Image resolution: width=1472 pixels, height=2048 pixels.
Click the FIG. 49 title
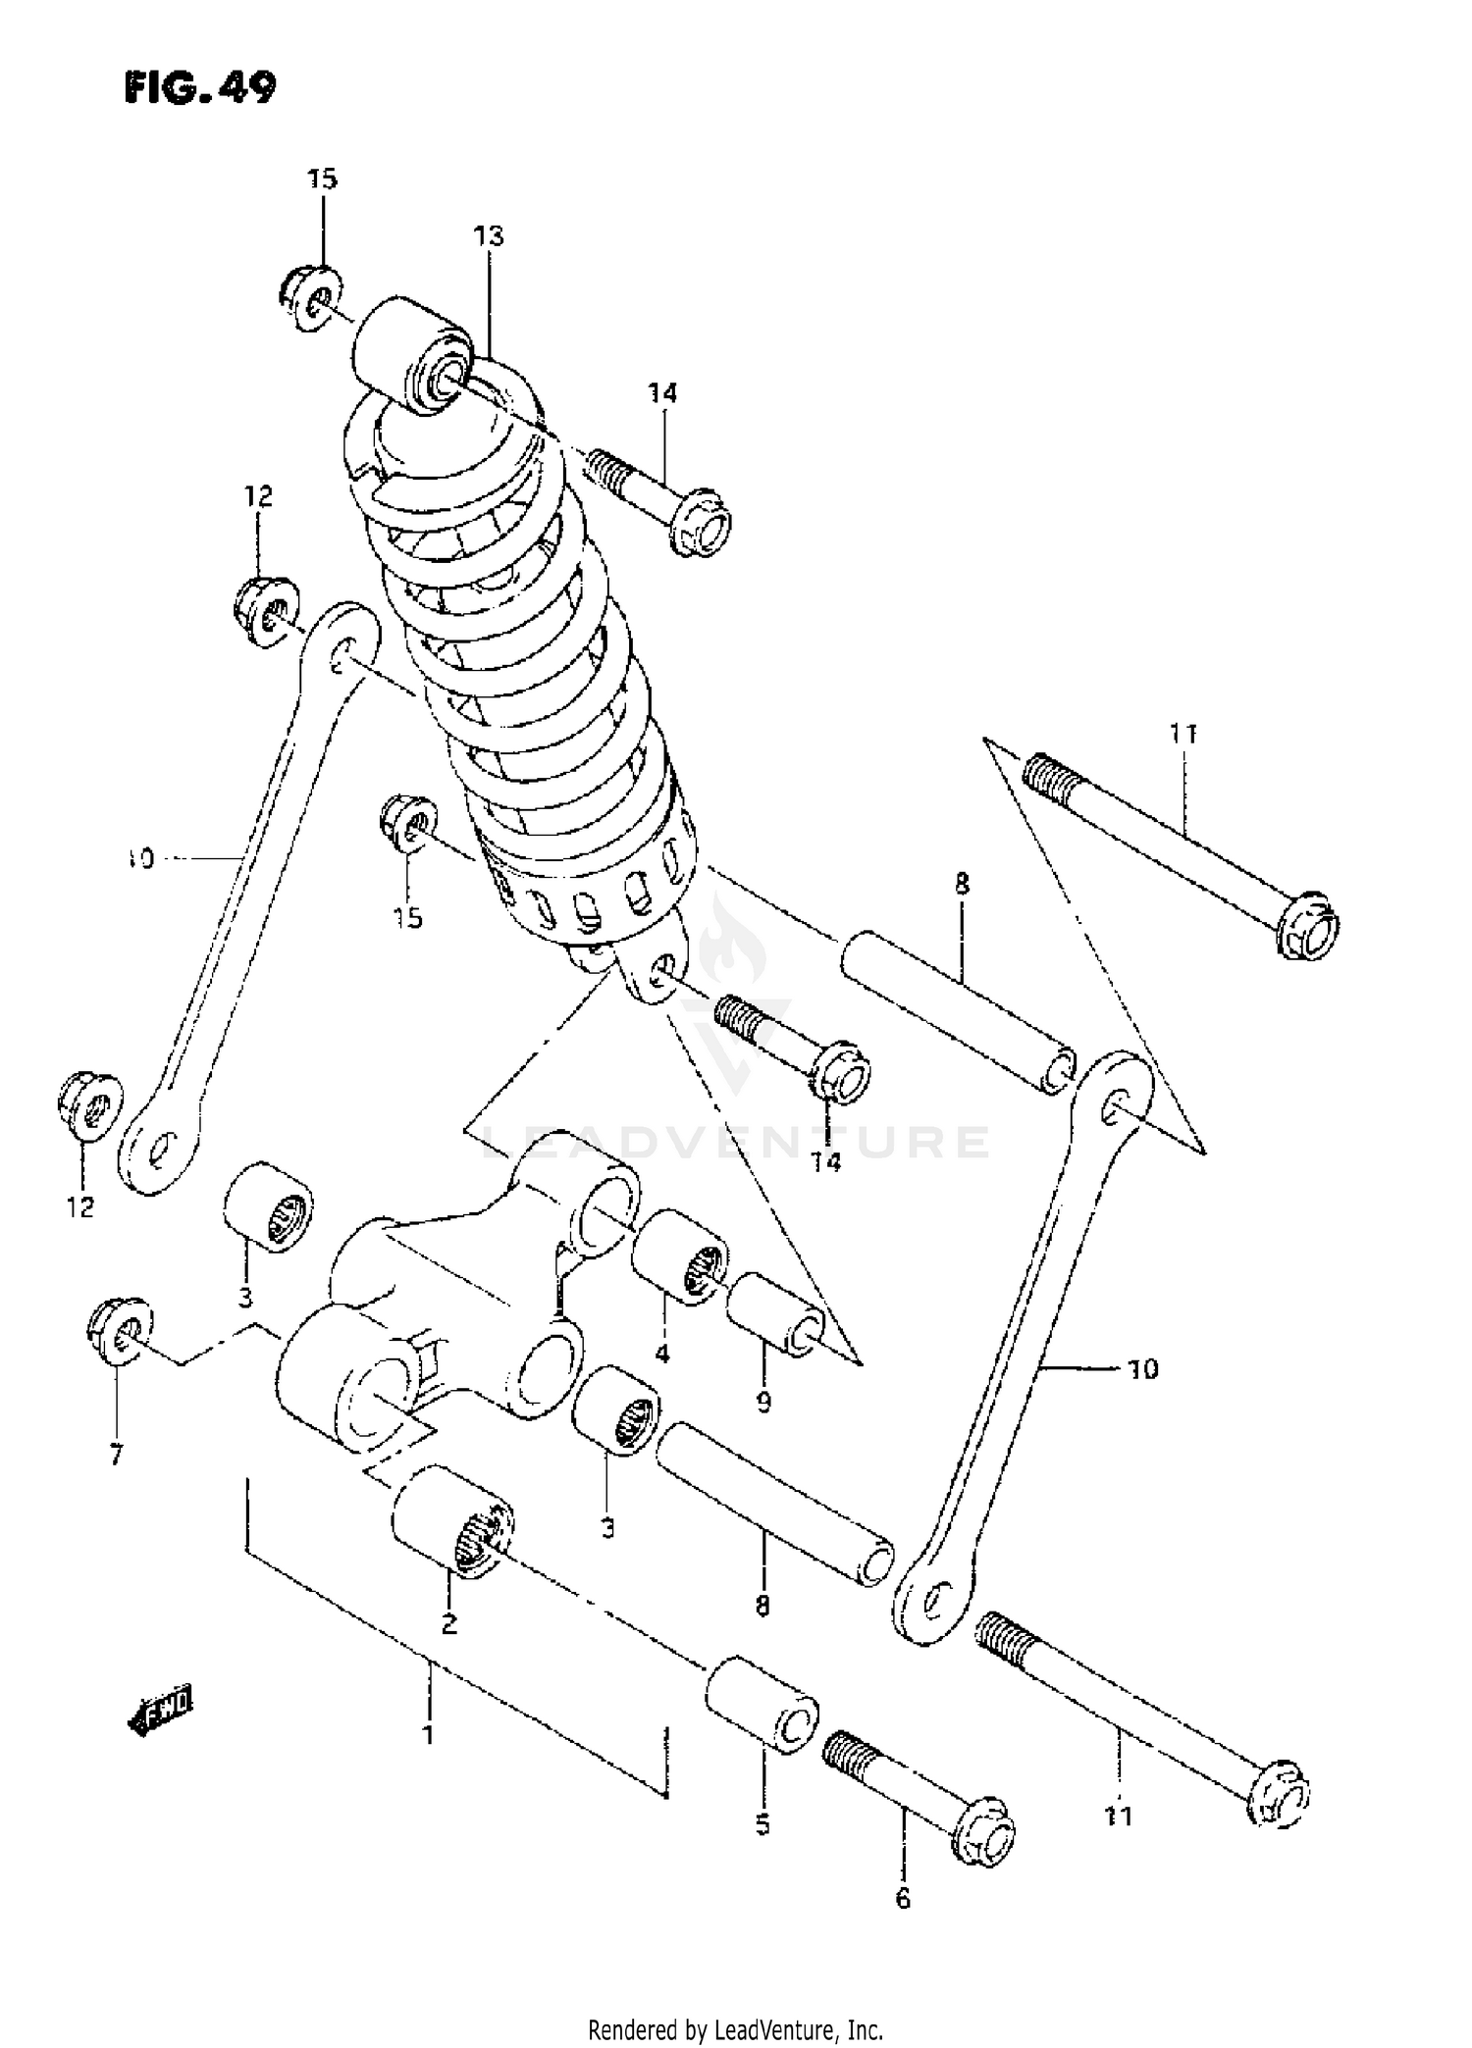[x=201, y=88]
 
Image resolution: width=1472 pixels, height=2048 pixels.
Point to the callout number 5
[x=762, y=1825]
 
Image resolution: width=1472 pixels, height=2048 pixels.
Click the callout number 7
[x=116, y=1456]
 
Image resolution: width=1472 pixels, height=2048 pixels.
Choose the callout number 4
[x=661, y=1355]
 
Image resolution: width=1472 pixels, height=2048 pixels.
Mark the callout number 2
[x=448, y=1624]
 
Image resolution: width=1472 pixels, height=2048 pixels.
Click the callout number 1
[x=428, y=1735]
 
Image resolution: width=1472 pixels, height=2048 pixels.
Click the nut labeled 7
[x=118, y=1331]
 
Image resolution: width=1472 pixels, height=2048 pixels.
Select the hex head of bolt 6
[x=984, y=1832]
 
